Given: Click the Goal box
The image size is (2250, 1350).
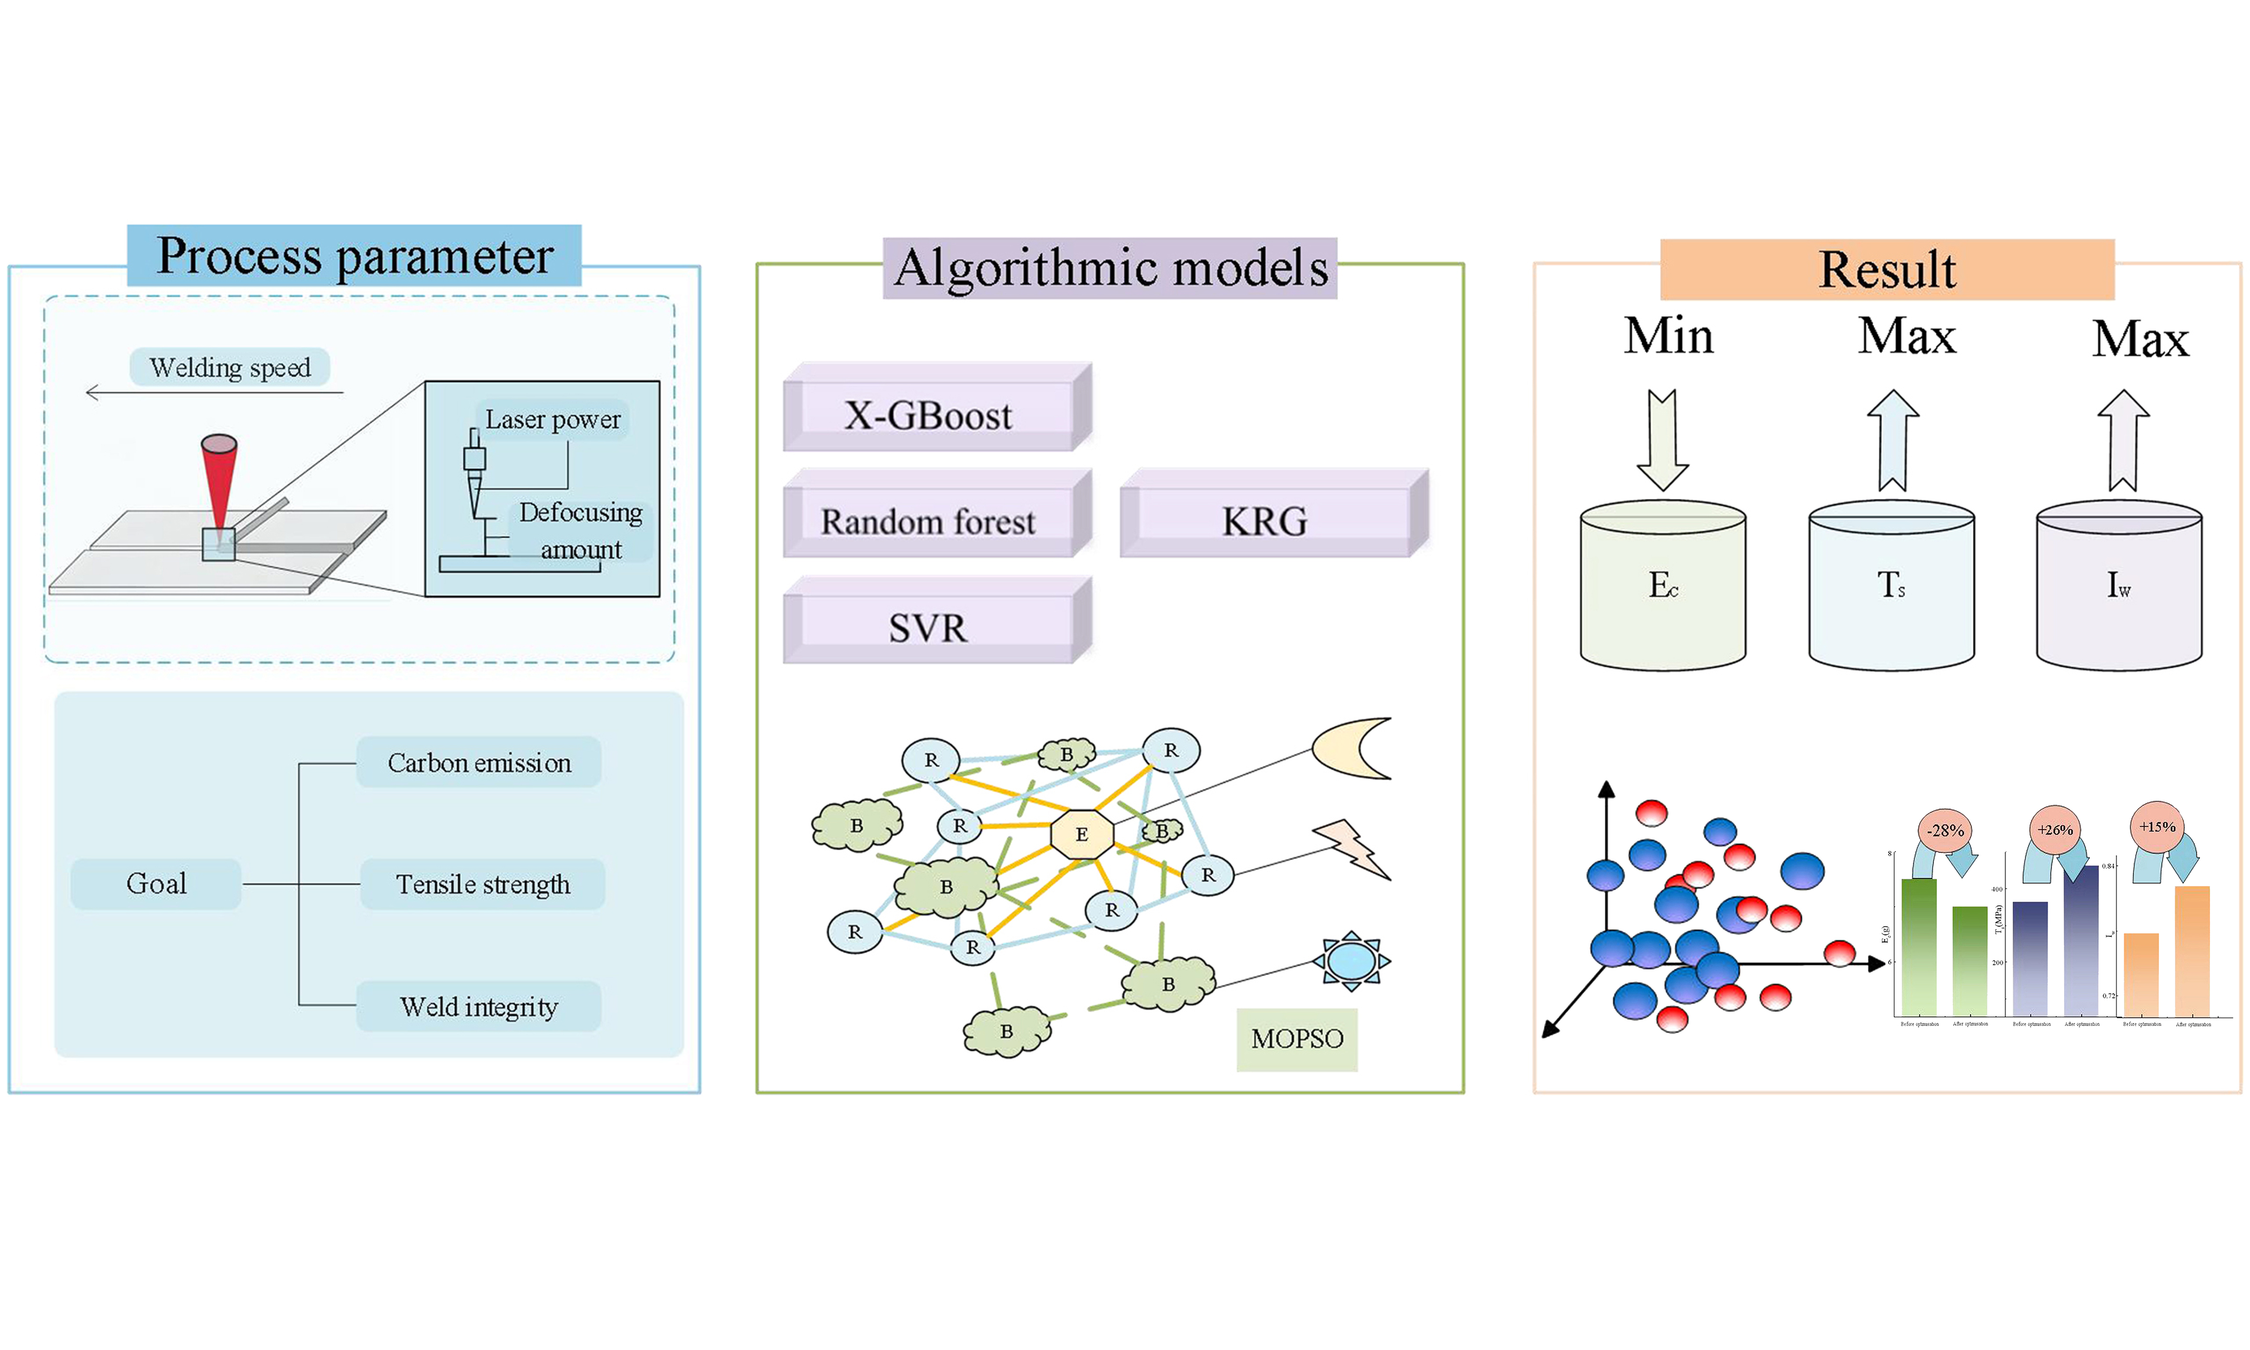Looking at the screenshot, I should [157, 883].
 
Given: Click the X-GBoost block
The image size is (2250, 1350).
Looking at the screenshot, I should [928, 416].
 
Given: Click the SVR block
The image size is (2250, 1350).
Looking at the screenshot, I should [928, 628].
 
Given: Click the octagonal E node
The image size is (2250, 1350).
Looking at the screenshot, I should [1081, 833].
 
